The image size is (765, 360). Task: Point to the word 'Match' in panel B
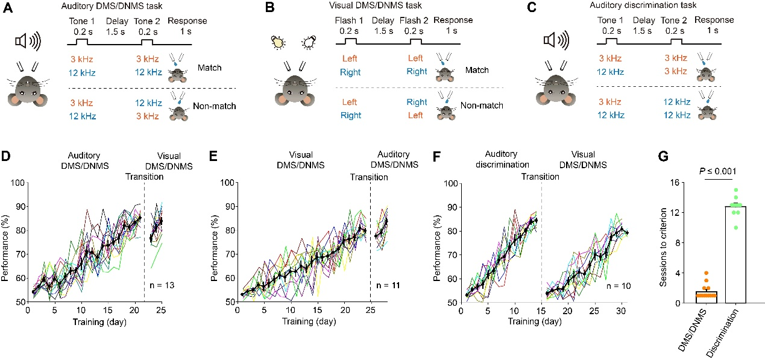click(477, 70)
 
